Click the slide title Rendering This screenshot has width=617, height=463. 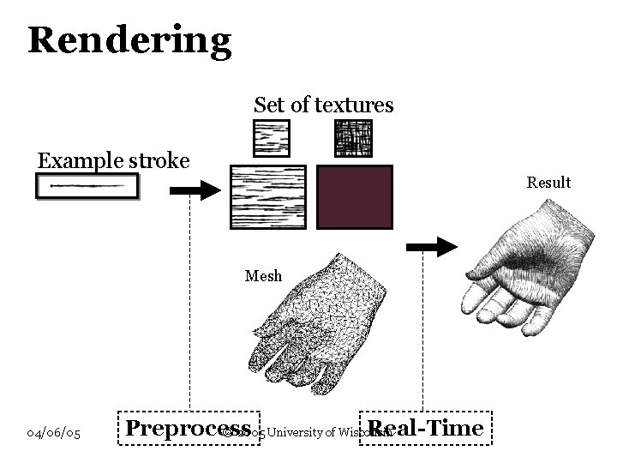[x=129, y=40]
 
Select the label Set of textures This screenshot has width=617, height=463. [x=323, y=105]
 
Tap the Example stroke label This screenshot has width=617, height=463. [x=113, y=160]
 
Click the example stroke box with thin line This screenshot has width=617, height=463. [x=87, y=185]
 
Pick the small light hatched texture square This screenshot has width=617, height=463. [x=271, y=138]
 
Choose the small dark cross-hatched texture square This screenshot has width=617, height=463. [x=352, y=138]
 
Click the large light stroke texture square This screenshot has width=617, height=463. [x=267, y=197]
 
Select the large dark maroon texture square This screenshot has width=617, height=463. [x=354, y=197]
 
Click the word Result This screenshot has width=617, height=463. [x=548, y=183]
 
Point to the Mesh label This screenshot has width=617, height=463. [x=262, y=276]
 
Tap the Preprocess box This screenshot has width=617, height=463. [x=189, y=429]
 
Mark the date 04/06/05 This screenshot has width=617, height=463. [x=54, y=434]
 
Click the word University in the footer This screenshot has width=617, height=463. [x=297, y=433]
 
